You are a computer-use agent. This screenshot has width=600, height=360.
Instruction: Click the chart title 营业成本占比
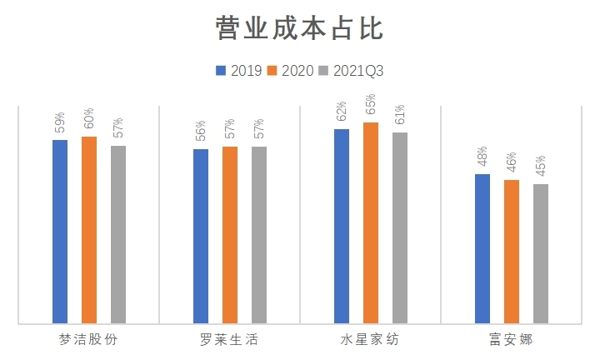(299, 28)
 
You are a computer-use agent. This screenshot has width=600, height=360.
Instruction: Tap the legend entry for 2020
(291, 71)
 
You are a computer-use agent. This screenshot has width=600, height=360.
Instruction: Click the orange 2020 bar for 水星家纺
(371, 222)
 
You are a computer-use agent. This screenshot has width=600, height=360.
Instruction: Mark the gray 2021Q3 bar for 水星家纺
(400, 227)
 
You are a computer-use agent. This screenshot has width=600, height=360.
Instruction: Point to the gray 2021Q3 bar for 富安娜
(541, 253)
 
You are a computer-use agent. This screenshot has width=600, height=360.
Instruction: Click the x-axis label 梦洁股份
(88, 340)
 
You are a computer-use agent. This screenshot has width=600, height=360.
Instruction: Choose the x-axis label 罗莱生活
(230, 340)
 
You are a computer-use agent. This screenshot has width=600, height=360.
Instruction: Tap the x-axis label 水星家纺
(370, 340)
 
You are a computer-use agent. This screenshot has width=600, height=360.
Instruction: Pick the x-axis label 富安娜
(512, 340)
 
